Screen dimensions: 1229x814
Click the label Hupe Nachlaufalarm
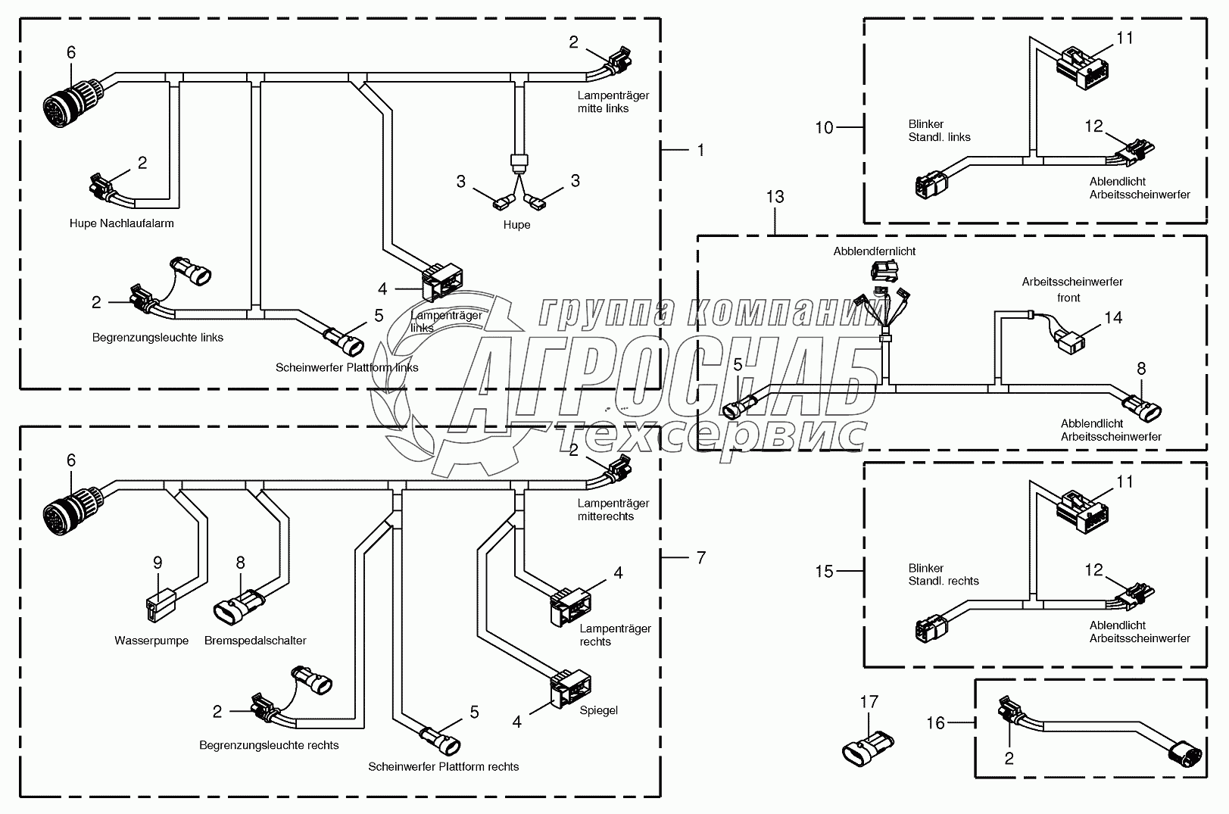[121, 223]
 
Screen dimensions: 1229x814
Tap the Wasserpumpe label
[151, 640]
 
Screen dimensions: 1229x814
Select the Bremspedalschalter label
[255, 641]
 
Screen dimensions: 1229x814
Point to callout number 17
[869, 701]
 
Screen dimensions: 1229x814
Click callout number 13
[775, 196]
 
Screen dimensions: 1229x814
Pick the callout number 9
[158, 563]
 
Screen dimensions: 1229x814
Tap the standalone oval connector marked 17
[868, 747]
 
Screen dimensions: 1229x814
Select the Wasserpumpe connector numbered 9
[161, 605]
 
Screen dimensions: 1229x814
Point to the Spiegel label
[598, 710]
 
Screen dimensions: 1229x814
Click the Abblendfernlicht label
[874, 251]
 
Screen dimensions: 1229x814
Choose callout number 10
[824, 128]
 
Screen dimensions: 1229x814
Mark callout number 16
[935, 723]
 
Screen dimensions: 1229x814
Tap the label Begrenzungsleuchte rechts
[269, 745]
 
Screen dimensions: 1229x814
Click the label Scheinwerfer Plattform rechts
[443, 766]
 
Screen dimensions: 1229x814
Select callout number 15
[824, 572]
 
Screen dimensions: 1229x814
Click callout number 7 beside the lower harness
[700, 558]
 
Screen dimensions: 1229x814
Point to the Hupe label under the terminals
[517, 225]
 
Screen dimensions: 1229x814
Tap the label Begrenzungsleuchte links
[158, 338]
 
